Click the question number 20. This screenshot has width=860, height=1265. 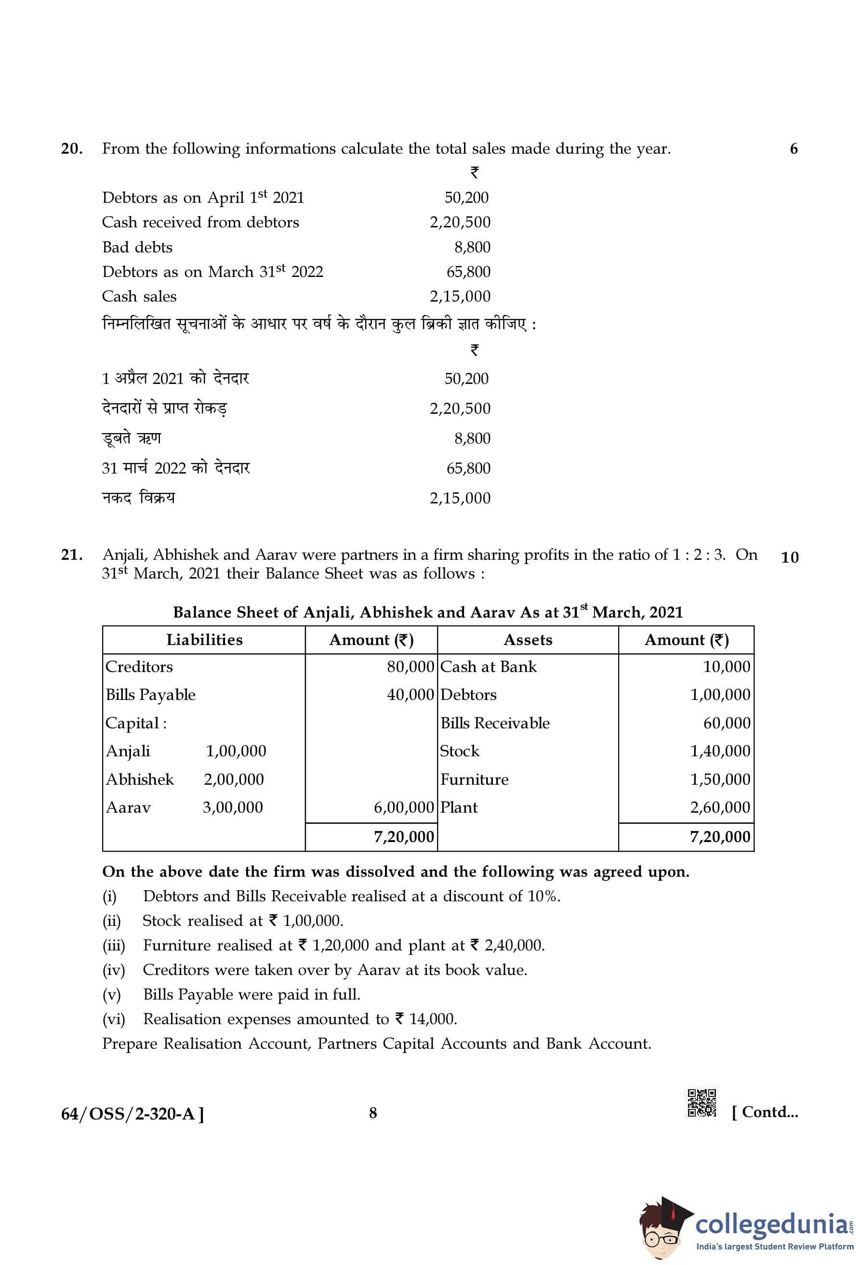click(x=72, y=148)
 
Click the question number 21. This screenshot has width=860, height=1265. click(x=72, y=554)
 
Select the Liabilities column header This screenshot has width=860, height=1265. click(x=204, y=640)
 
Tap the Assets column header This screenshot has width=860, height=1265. click(x=528, y=640)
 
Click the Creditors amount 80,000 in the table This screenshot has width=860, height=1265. click(x=410, y=667)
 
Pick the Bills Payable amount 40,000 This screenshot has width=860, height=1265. click(x=410, y=695)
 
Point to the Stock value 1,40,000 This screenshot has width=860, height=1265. click(x=720, y=751)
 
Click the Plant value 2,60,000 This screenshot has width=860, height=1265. click(x=720, y=807)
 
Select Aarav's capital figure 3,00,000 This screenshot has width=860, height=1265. click(x=233, y=807)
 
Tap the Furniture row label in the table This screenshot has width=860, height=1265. click(x=474, y=779)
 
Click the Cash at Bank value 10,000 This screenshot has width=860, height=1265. click(x=726, y=667)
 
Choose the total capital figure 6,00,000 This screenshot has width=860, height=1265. click(x=403, y=807)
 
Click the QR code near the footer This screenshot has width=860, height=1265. click(x=701, y=1103)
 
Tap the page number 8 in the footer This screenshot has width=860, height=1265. click(x=373, y=1113)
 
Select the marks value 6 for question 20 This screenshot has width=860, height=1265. click(x=794, y=148)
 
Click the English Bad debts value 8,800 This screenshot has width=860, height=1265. click(x=472, y=248)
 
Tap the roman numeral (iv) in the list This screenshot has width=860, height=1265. click(x=114, y=970)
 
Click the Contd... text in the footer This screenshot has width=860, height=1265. click(x=765, y=1112)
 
